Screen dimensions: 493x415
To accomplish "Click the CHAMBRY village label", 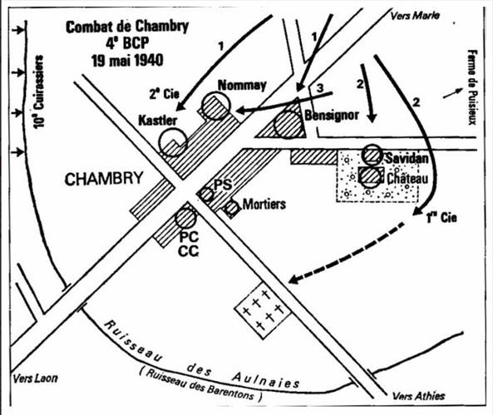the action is (x=104, y=179).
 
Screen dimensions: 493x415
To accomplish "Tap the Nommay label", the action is (x=242, y=86).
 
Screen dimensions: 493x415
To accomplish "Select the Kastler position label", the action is (x=157, y=121).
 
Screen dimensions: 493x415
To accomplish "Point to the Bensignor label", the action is (x=332, y=115).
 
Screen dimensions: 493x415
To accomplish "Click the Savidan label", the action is (x=407, y=158).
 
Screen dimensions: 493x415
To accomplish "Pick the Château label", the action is (x=407, y=178).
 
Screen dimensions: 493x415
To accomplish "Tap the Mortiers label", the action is (x=264, y=205).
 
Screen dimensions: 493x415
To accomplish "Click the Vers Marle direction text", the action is (x=415, y=16).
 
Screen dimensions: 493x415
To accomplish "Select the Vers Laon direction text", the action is (x=35, y=378).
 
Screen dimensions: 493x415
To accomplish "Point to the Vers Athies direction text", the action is (x=418, y=396).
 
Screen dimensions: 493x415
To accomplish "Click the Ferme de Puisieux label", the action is (x=471, y=87).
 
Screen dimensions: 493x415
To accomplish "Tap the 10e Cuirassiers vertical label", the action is (x=39, y=91).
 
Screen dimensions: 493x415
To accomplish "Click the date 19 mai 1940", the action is (x=127, y=60).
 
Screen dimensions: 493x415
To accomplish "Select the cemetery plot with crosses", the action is (x=263, y=311).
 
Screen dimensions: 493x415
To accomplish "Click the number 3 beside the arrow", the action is (x=320, y=88).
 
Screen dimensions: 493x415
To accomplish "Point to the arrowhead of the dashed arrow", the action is (x=293, y=279).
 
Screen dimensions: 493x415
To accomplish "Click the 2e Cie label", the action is (x=164, y=93).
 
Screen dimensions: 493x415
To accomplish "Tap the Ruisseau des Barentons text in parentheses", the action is (x=201, y=385).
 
